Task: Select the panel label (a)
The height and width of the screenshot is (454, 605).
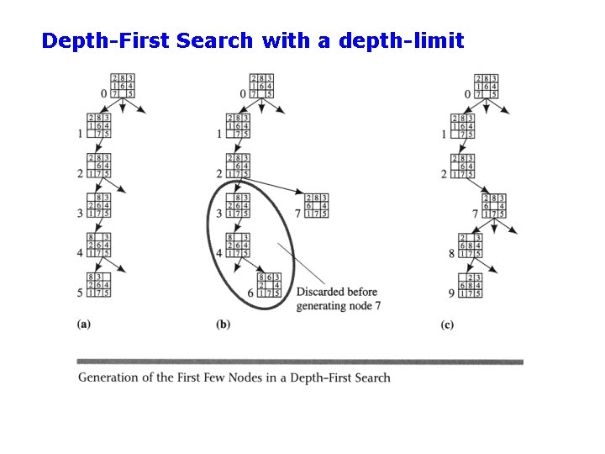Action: coord(83,323)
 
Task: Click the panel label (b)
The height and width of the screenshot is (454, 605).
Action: coord(224,323)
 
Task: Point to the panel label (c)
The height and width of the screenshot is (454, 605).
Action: coord(448,323)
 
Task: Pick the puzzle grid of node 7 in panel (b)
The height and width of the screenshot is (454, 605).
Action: coord(316,205)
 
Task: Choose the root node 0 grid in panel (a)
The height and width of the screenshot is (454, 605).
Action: coord(122,86)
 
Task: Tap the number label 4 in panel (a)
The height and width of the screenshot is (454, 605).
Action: coord(81,253)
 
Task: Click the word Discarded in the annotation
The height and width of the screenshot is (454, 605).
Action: coord(324,293)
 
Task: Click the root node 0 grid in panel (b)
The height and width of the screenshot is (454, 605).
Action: coord(261,86)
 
